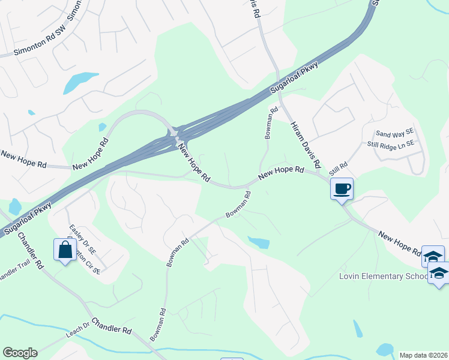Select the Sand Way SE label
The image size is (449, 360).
395,133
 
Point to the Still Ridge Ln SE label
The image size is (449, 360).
391,145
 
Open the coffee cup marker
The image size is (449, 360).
342,189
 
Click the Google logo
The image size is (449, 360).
20,353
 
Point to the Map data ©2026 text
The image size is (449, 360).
424,355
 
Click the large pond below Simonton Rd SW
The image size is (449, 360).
80,82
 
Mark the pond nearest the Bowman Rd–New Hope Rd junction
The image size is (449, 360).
259,242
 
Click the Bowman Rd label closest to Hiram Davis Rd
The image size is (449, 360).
271,122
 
